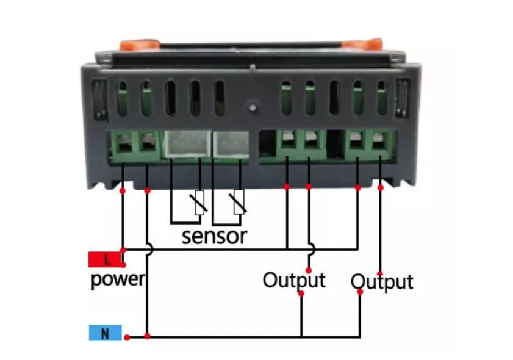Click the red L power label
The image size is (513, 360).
tap(106, 259)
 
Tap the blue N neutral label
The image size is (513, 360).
tap(106, 333)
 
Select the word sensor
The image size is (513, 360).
tap(214, 236)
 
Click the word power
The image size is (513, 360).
tap(118, 279)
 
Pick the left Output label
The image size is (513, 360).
tap(294, 280)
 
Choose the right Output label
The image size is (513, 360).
tap(382, 282)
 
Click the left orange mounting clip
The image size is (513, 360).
tap(139, 45)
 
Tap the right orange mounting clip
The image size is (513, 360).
tap(362, 45)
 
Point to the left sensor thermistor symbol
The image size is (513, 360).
tap(199, 203)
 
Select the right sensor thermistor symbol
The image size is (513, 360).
tap(239, 202)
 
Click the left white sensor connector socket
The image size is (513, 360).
tap(187, 143)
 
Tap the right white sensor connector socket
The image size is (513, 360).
tap(231, 143)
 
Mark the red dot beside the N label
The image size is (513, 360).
tap(127, 337)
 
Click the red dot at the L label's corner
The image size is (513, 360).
tap(123, 265)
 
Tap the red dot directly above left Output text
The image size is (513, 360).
tap(309, 270)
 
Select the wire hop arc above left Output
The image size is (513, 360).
tap(312, 250)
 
